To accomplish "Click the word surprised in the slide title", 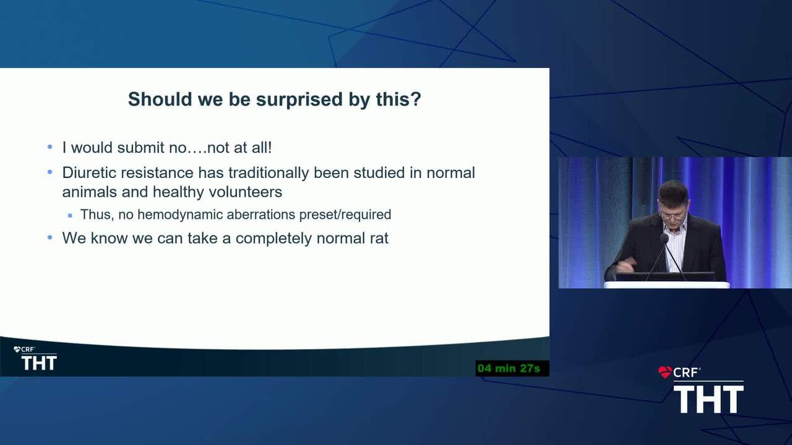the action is [x=299, y=100].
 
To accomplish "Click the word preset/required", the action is [x=345, y=214].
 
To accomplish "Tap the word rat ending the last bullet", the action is [x=379, y=239].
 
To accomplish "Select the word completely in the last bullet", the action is [x=273, y=239].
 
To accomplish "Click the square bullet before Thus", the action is [x=70, y=215].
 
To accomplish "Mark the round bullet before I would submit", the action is [x=50, y=147].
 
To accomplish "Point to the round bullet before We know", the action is [x=50, y=238].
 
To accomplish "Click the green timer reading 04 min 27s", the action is [x=509, y=368].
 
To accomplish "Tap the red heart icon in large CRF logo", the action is [x=665, y=372].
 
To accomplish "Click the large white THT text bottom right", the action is [x=708, y=399].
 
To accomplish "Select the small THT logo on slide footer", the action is [x=39, y=363].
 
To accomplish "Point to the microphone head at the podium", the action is [x=664, y=239].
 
